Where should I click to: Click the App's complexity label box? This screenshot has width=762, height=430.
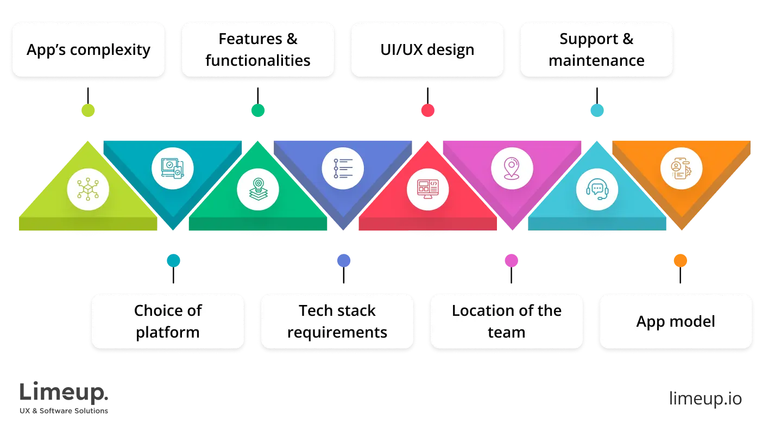89,49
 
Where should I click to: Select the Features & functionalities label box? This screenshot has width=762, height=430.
257,49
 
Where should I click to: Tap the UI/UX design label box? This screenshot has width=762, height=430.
427,49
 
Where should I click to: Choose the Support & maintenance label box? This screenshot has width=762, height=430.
596,49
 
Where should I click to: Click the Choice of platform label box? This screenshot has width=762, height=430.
167,321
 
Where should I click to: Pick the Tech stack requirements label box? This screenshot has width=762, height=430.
337,321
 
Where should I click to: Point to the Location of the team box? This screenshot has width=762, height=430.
506,321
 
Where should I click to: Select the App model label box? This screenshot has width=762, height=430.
676,321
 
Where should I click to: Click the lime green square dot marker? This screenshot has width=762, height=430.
87,110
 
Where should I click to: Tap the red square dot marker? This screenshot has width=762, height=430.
427,110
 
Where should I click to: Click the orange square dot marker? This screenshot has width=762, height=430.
681,260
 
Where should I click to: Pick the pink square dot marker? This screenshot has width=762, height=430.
512,260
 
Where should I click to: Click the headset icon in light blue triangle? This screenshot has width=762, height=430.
597,189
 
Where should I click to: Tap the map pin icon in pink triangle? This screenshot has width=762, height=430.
512,168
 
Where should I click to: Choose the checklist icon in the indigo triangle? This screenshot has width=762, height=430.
343,168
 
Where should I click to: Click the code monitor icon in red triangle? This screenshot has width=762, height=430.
427,189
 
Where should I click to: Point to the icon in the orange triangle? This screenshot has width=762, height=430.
681,169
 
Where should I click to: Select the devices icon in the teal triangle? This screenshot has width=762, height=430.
173,168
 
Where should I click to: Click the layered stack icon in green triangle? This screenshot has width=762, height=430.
257,189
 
